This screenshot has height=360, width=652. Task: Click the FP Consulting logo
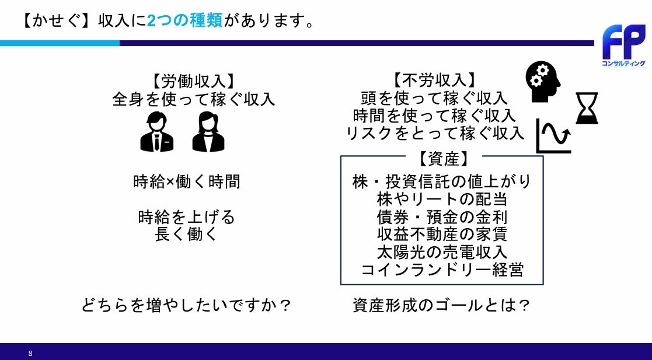point(623,46)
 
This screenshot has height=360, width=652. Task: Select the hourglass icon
point(587,108)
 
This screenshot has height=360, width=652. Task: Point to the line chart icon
point(553,137)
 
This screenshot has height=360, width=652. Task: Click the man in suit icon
point(157,131)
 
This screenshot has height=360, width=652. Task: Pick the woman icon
point(208,131)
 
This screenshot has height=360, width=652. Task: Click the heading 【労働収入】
point(193,81)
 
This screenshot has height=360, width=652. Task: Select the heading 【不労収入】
point(435,81)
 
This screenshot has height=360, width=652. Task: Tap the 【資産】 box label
point(443,158)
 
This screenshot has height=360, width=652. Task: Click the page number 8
point(30,354)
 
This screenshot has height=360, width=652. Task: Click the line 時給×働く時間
point(187,181)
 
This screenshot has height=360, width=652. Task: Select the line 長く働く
point(186,234)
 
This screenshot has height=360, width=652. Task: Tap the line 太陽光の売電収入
point(442,252)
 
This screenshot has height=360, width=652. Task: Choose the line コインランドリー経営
point(442,270)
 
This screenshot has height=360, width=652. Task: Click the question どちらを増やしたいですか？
point(186,305)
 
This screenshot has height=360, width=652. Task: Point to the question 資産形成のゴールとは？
point(442,305)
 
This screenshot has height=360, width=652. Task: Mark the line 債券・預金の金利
point(442,217)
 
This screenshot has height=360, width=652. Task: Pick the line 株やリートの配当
point(442,199)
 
